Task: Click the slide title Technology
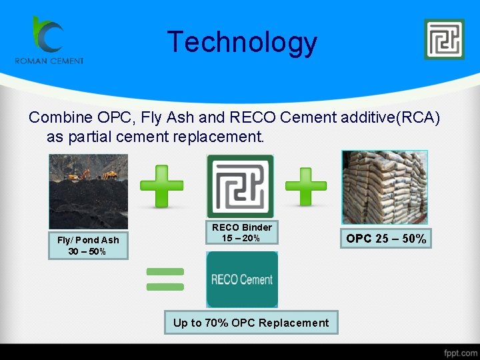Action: [242, 42]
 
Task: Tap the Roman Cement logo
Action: [49, 40]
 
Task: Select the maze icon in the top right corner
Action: [444, 39]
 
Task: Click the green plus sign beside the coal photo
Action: [162, 187]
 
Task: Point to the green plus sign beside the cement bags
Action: [306, 186]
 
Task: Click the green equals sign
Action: [164, 279]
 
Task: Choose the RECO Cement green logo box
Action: [242, 279]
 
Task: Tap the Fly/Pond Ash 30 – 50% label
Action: [88, 245]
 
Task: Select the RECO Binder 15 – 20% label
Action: [241, 233]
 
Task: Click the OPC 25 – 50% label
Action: [386, 238]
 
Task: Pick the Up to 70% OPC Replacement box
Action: [251, 323]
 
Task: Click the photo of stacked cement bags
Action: [384, 187]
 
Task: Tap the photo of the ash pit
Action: [89, 192]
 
